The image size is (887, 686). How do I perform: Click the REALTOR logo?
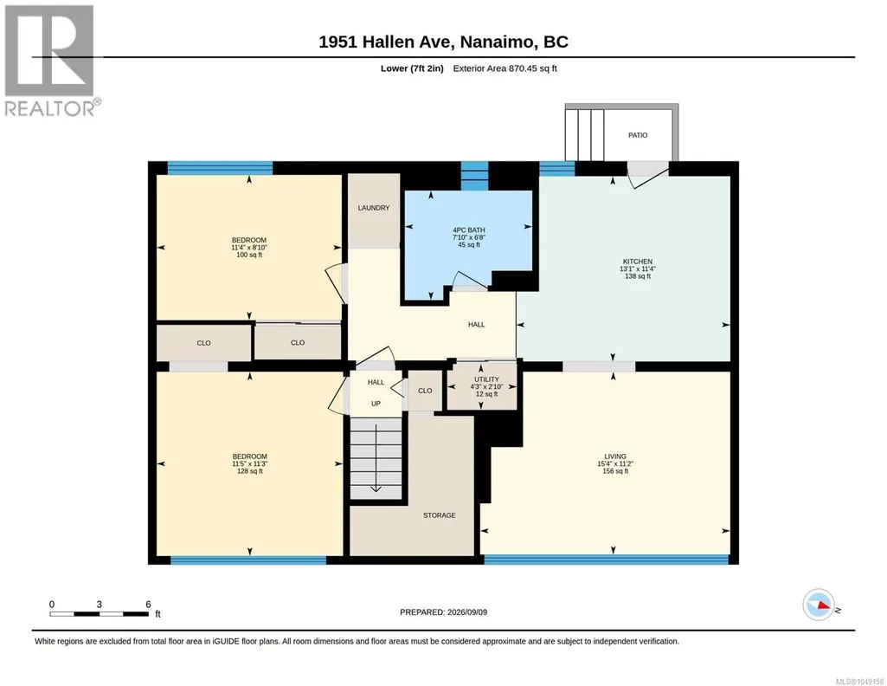coord(50,61)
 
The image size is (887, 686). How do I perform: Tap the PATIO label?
coord(638,135)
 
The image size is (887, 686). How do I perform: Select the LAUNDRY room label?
coord(373,208)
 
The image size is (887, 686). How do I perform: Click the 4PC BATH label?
coord(469,230)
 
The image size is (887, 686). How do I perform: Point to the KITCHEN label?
coord(638,262)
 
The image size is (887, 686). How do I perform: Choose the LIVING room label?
coord(615,456)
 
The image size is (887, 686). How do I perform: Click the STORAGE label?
coord(440,515)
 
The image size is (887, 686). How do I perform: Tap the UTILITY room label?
coord(486,379)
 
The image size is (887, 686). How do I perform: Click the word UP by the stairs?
coord(376,404)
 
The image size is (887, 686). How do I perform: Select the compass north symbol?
coord(820,605)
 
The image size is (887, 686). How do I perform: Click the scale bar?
coord(99,613)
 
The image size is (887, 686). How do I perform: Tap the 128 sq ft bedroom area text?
coord(249,471)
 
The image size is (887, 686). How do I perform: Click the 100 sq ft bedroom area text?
coord(249,255)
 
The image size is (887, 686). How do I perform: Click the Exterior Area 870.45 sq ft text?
coord(505,68)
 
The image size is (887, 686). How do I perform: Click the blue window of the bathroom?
coord(474,176)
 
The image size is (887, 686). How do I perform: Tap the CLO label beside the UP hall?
coord(425,391)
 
